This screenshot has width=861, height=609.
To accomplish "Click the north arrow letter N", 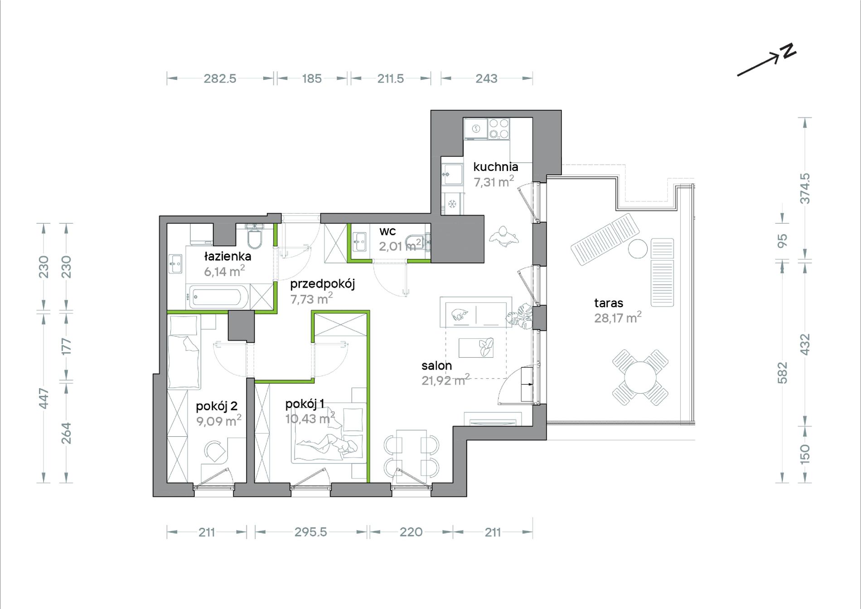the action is [x=788, y=51].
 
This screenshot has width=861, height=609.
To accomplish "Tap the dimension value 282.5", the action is [x=220, y=78].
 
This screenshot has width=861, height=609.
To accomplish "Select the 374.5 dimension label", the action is [x=805, y=188].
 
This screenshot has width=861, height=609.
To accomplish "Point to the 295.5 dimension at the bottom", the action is [x=310, y=532].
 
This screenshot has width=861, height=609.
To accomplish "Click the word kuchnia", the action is [x=496, y=167].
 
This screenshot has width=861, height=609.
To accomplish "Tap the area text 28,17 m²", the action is [x=618, y=317].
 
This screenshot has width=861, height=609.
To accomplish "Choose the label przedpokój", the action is [x=322, y=284].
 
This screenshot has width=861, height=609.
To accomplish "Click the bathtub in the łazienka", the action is [x=218, y=297].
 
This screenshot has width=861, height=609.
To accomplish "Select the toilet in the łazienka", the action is [x=255, y=236].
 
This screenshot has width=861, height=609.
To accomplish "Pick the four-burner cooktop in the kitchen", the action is [x=498, y=128].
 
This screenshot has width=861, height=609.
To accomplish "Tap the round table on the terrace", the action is [x=640, y=377].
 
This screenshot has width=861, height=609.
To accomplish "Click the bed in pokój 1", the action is [x=329, y=433].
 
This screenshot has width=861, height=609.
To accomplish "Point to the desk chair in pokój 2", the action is [x=215, y=451].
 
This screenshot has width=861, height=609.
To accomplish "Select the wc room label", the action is [x=387, y=231].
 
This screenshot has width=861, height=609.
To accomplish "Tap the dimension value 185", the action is [x=312, y=78].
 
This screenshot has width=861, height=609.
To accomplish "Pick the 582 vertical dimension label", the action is [x=783, y=373].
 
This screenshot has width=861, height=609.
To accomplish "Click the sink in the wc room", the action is [x=359, y=242].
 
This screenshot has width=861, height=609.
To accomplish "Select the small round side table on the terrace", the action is [x=638, y=248].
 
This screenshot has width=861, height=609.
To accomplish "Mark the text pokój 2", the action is [x=217, y=406].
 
